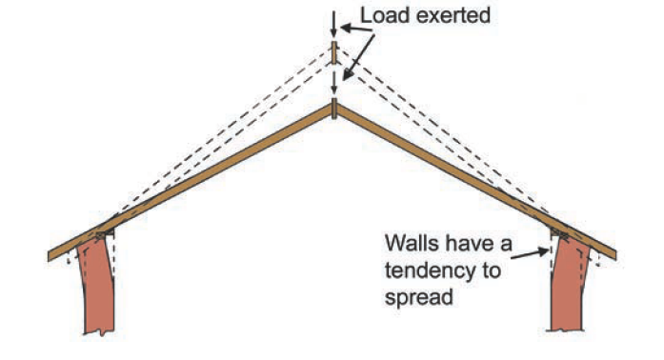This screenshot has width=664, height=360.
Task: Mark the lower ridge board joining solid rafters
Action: [333, 110]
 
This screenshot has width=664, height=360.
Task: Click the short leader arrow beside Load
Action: [349, 30]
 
